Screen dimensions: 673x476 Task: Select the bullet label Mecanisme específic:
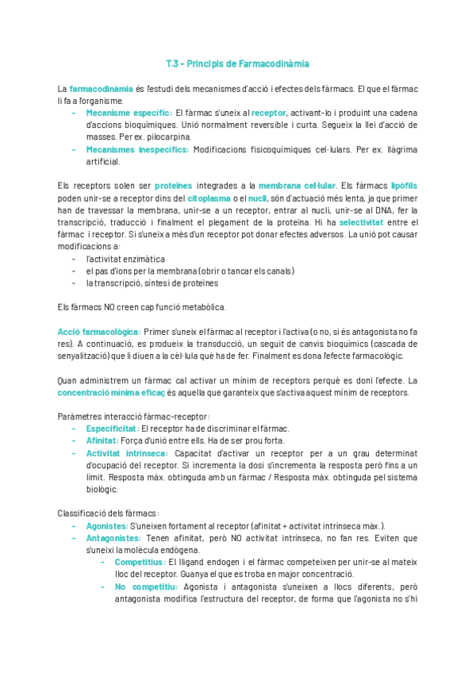point(128,113)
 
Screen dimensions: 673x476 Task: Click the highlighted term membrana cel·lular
point(297,185)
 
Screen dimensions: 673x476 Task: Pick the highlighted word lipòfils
point(402,185)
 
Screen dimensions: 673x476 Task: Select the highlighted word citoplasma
point(209,197)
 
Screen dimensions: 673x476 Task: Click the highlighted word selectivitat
point(362,222)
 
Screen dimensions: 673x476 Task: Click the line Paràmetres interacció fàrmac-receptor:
point(134,417)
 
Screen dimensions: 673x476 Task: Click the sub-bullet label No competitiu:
point(145,587)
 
